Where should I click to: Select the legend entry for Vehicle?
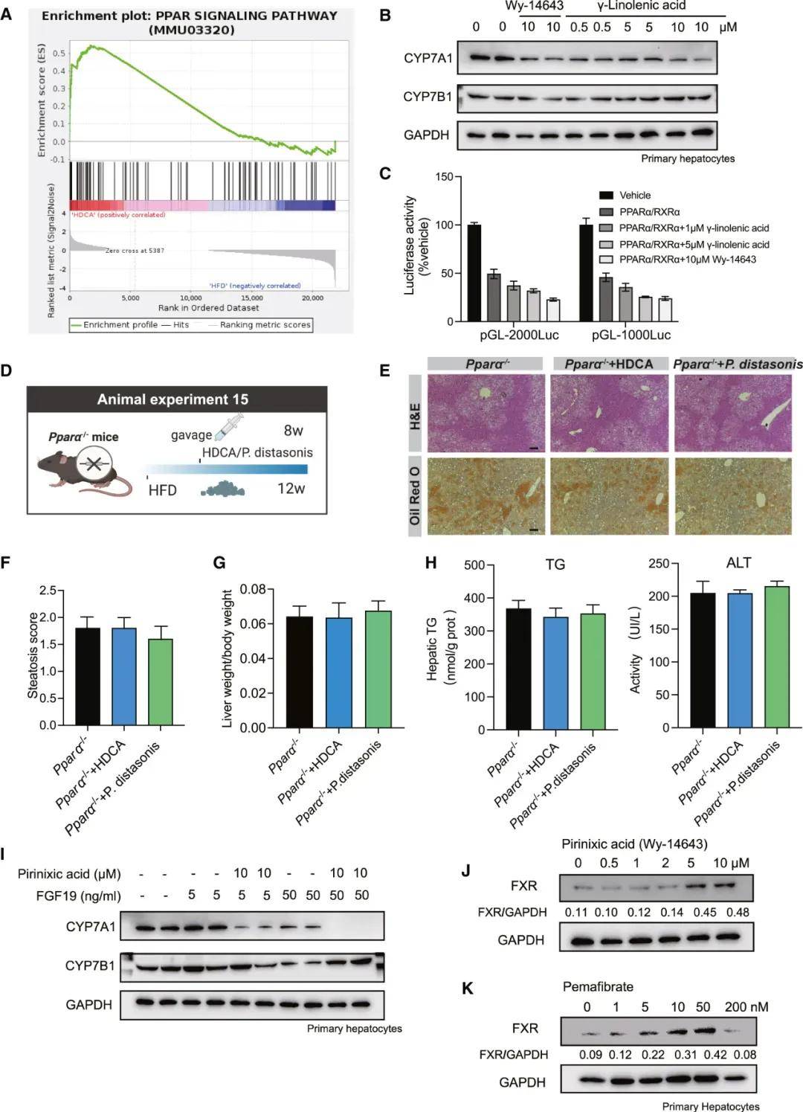click(x=634, y=195)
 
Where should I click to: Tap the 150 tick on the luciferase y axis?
click(x=444, y=177)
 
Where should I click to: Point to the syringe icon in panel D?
click(x=229, y=428)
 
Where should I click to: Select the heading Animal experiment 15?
click(x=172, y=399)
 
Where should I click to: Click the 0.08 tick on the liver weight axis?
click(x=254, y=589)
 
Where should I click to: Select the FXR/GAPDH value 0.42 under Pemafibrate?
click(x=703, y=1054)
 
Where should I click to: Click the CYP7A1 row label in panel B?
click(x=428, y=58)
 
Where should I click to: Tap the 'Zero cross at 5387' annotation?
click(x=135, y=251)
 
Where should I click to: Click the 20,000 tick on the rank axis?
click(x=312, y=298)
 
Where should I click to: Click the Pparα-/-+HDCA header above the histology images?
click(x=608, y=364)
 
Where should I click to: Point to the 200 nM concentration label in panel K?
click(x=746, y=1006)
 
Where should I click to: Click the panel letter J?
click(x=465, y=869)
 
